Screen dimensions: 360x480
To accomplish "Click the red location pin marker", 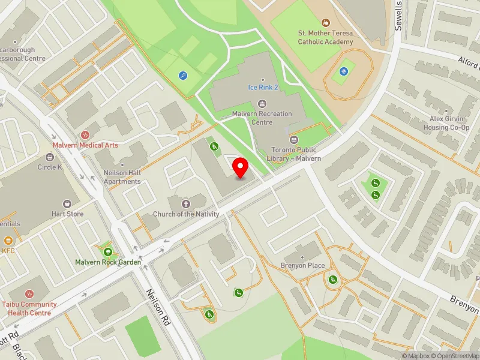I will [241, 167].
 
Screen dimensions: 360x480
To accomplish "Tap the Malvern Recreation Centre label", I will [262, 118].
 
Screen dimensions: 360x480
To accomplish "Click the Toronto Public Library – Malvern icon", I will [294, 139].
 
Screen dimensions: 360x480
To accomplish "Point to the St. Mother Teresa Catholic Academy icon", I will [326, 22].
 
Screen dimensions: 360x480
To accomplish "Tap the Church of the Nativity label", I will [186, 214].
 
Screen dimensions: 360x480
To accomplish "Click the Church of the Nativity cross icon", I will [187, 204].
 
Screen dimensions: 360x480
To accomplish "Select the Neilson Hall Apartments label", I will [122, 177].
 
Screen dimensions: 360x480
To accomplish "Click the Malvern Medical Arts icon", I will [85, 134].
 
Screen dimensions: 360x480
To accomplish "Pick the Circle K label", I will [50, 167].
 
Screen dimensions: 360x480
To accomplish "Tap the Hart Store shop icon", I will [67, 204].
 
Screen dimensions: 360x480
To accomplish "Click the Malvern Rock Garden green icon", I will [108, 252].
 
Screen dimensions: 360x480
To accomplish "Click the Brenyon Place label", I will [302, 266].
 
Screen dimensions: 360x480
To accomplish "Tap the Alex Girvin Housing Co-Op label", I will [443, 123].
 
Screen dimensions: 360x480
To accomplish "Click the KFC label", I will [8, 251].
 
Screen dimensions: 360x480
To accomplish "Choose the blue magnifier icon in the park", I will [183, 76].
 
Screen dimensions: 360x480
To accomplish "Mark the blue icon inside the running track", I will [343, 71].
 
